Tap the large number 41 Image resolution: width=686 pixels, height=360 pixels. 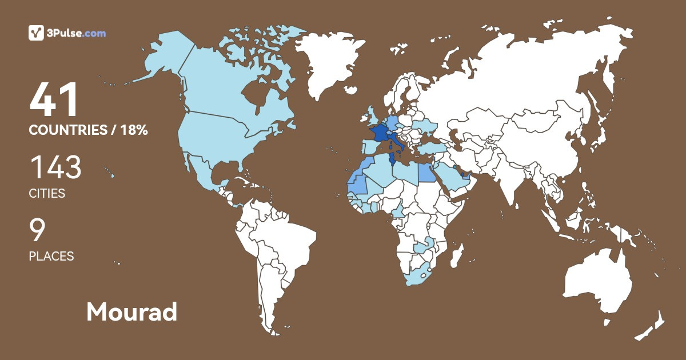[x=54, y=101]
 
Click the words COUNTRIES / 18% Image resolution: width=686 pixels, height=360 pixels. [x=89, y=130]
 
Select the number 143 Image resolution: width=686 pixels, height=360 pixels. [x=55, y=168]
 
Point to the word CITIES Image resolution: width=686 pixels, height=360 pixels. [x=47, y=194]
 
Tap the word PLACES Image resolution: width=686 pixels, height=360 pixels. [x=51, y=257]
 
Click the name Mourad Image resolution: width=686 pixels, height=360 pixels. [x=131, y=312]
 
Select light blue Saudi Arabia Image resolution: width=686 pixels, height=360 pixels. [x=452, y=177]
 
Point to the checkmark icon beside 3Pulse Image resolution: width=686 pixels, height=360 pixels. [x=36, y=33]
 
